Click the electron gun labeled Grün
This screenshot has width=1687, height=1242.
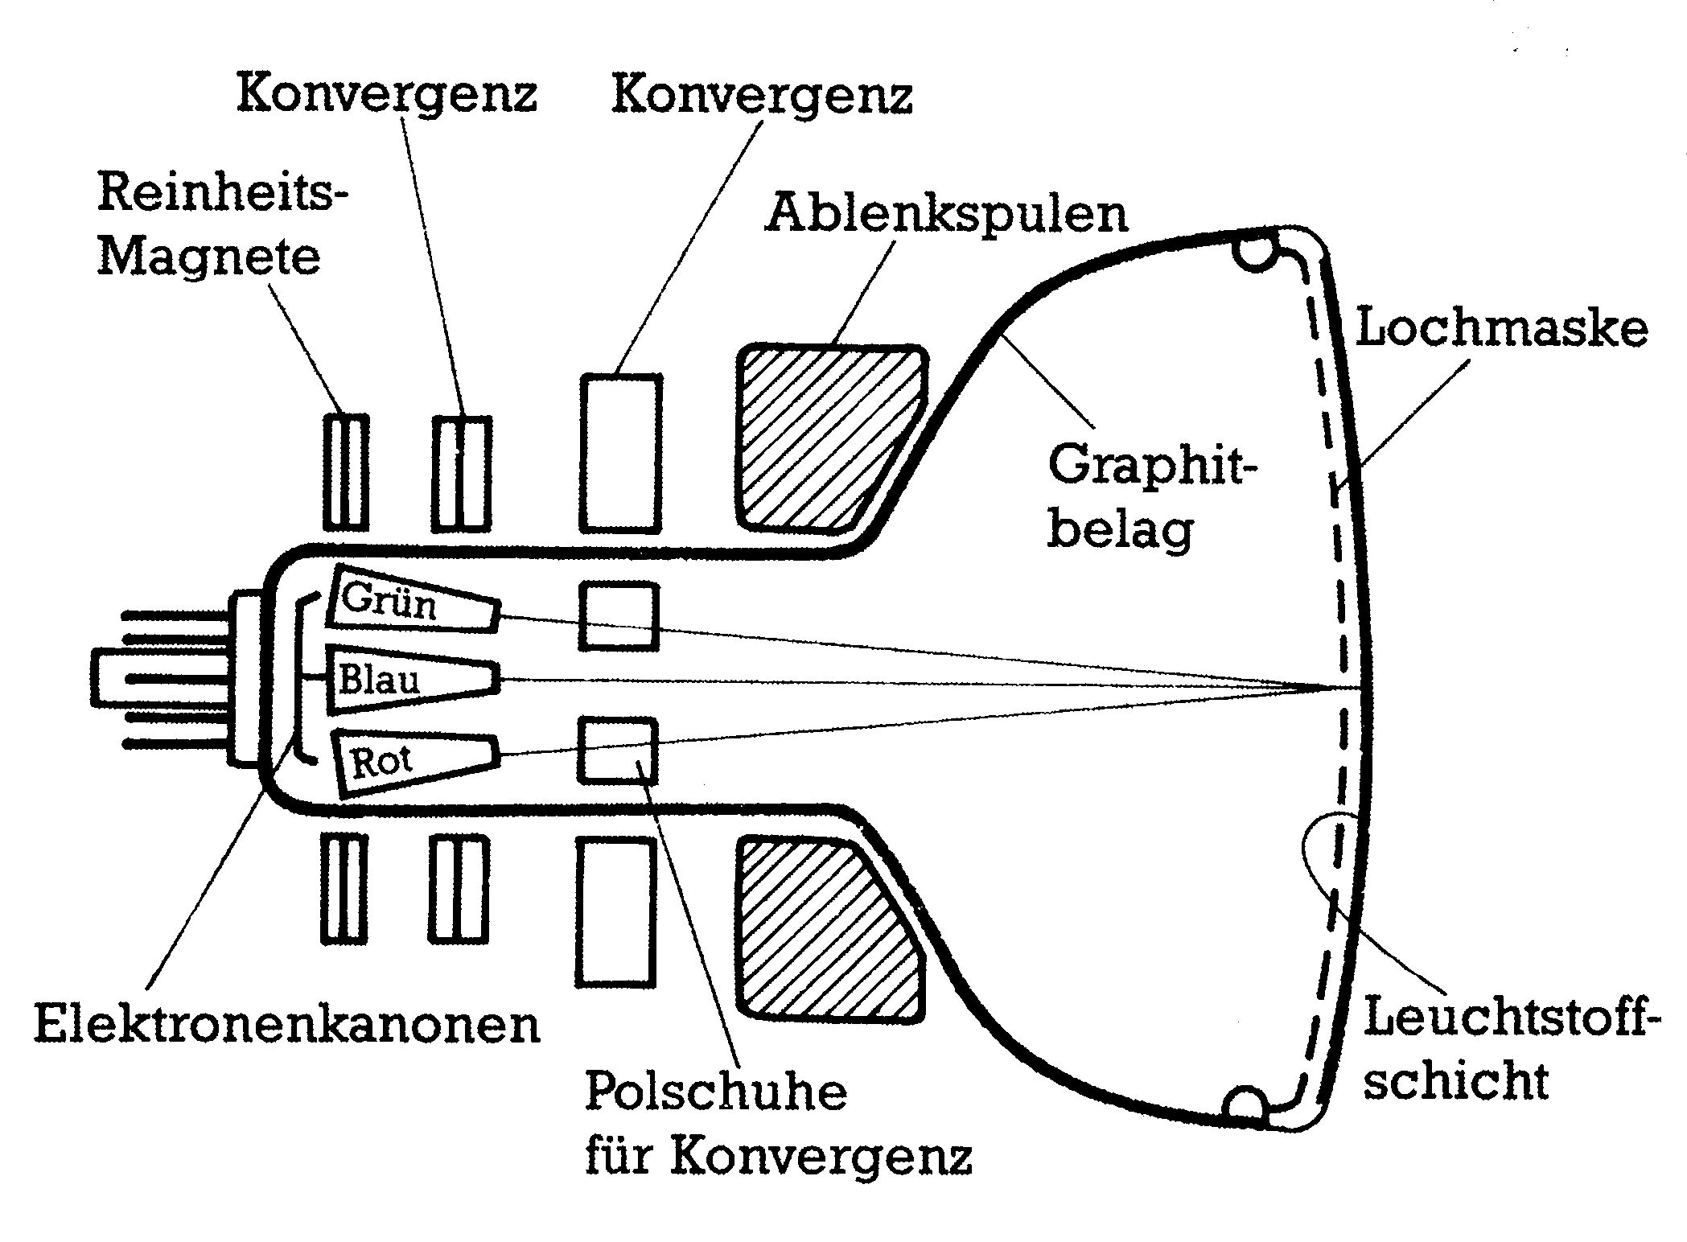coord(412,600)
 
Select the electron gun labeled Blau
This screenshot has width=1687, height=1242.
coord(412,680)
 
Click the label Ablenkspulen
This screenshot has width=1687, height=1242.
coord(946,214)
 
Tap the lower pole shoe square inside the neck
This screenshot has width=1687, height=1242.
coord(618,750)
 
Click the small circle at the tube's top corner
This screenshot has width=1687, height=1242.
coord(1257,251)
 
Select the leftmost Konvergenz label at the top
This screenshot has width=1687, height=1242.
coord(386,95)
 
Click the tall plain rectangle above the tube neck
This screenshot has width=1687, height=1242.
coord(621,453)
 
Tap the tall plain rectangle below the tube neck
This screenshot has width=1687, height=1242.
coord(615,911)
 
